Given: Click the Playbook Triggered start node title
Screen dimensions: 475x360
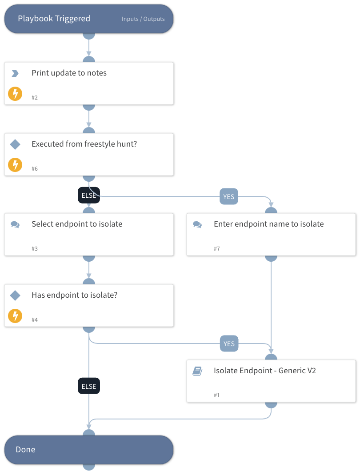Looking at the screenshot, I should click(x=54, y=19).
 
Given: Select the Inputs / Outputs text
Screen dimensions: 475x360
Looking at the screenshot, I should click(x=143, y=19).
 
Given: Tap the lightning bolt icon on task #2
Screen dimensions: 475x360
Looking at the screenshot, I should click(x=15, y=94).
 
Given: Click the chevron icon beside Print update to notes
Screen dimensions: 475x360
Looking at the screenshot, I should click(x=15, y=73).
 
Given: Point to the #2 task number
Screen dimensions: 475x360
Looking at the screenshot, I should click(x=35, y=97).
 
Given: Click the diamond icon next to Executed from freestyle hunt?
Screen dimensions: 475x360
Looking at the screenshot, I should click(x=15, y=144).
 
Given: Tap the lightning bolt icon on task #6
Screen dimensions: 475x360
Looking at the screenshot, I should click(x=15, y=165).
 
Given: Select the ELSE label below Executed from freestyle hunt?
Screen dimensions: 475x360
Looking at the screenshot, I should click(x=89, y=195).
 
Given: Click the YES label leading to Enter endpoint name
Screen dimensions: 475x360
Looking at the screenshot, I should click(x=229, y=196).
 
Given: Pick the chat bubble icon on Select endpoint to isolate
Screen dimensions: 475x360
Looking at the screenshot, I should click(x=15, y=224).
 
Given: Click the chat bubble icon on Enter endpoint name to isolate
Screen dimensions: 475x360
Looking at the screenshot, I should click(x=197, y=224).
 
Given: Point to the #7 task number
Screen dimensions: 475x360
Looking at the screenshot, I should click(x=217, y=248).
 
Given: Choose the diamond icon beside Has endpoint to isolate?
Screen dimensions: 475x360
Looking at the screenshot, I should click(x=15, y=295).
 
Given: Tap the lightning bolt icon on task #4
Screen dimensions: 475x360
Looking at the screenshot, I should click(x=15, y=316).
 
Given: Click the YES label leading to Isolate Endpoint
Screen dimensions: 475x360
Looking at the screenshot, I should click(x=229, y=343).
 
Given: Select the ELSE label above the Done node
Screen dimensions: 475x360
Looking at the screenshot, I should click(x=89, y=386).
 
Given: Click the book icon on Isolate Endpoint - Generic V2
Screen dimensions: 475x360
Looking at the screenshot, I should click(x=197, y=371).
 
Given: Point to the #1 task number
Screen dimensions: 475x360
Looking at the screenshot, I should click(x=217, y=395).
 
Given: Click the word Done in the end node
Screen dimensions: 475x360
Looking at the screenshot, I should click(x=25, y=450).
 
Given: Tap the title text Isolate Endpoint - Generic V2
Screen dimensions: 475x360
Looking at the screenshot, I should click(x=265, y=371).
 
